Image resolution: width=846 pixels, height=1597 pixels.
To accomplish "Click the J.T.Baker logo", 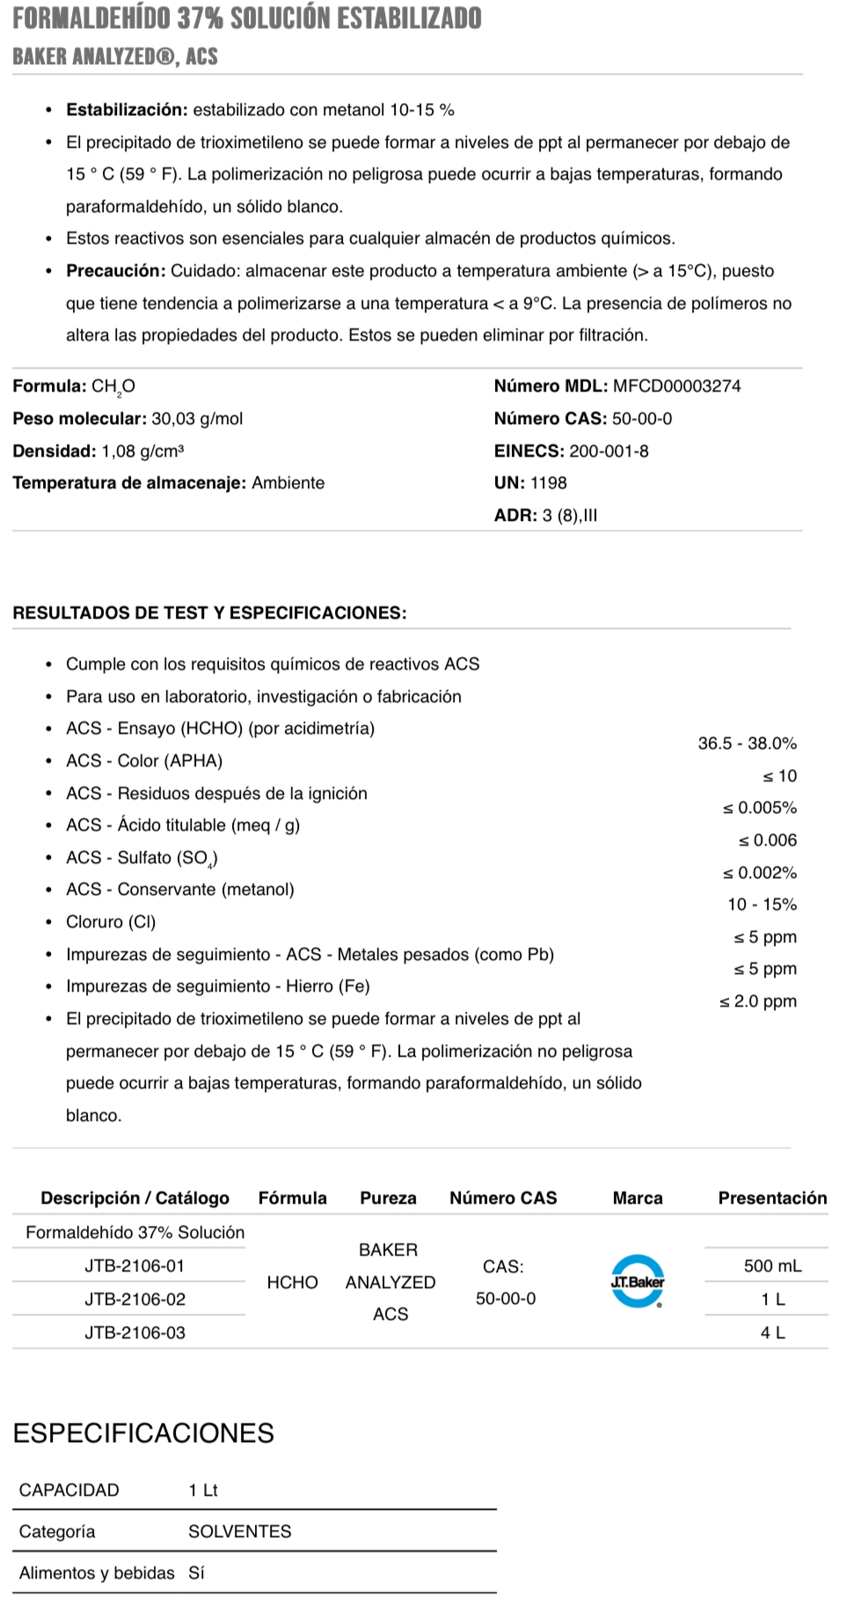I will click(637, 1281).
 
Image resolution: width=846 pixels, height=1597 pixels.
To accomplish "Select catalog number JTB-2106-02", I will click(135, 1299).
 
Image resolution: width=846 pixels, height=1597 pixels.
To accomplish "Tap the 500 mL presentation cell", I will click(772, 1265).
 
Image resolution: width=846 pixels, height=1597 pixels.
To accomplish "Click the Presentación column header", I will click(772, 1198).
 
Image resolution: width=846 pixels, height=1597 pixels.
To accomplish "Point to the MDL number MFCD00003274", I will click(676, 386).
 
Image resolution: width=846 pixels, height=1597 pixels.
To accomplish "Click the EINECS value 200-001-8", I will click(609, 451).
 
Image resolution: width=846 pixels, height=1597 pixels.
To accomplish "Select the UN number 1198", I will click(548, 483).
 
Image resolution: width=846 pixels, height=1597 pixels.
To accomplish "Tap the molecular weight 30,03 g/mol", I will click(197, 419).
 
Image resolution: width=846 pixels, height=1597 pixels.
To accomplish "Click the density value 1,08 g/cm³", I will click(142, 451).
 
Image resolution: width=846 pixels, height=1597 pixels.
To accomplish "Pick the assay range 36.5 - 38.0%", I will click(747, 744).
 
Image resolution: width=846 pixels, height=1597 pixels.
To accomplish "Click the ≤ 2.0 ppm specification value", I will click(757, 1001).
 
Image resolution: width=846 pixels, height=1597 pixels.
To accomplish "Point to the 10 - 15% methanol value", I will click(762, 905).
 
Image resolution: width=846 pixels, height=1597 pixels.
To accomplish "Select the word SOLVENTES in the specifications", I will click(239, 1531).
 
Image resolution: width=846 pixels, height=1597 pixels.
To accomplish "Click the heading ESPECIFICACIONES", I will click(143, 1433).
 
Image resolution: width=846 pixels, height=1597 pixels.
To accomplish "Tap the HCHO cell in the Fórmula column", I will click(292, 1282).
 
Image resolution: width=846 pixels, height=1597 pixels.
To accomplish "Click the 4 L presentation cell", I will click(772, 1332).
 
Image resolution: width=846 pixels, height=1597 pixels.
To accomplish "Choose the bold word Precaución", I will click(115, 271).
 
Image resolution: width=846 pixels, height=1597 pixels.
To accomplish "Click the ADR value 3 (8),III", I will click(569, 516).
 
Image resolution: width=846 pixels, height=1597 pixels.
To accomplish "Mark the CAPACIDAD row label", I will click(69, 1490).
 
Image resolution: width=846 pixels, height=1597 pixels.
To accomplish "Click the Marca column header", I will click(638, 1198).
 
